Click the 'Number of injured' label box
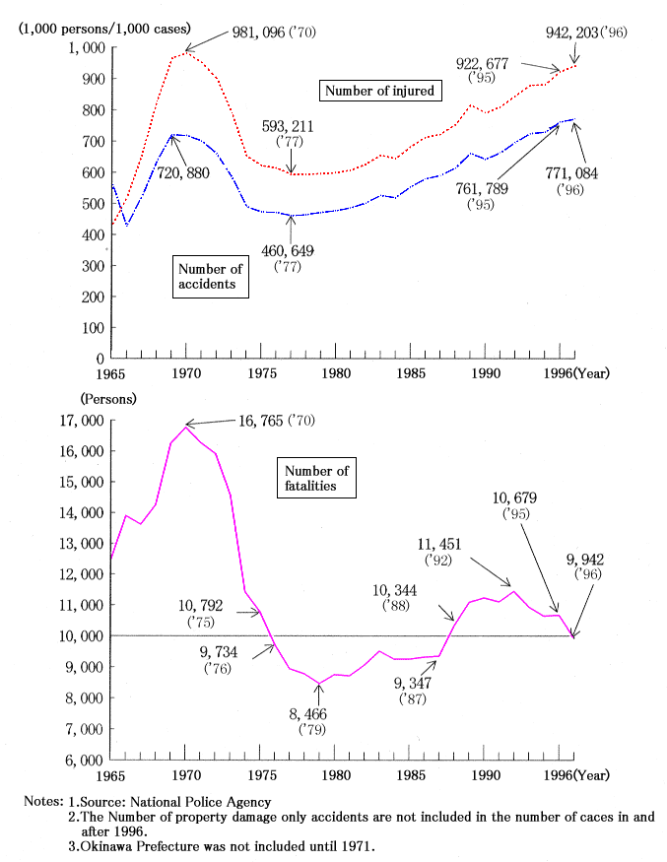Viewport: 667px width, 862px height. click(379, 91)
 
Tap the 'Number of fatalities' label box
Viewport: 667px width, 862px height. click(317, 478)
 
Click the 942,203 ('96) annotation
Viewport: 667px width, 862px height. click(586, 32)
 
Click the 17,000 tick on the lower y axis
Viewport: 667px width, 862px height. click(81, 421)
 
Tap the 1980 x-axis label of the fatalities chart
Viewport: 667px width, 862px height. click(336, 775)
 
